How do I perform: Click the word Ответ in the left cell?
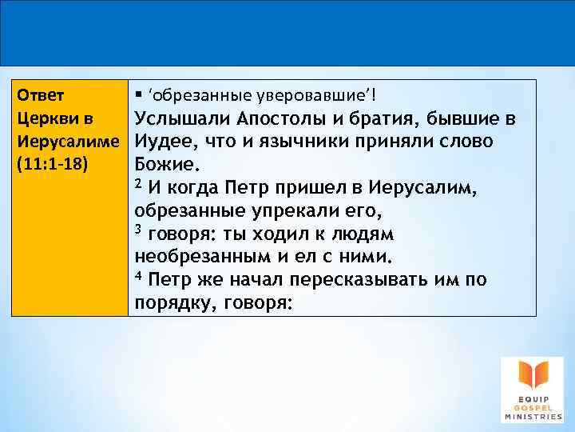(38, 96)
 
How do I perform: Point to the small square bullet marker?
(139, 96)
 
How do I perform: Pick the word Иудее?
(160, 142)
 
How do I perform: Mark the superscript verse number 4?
(138, 278)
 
